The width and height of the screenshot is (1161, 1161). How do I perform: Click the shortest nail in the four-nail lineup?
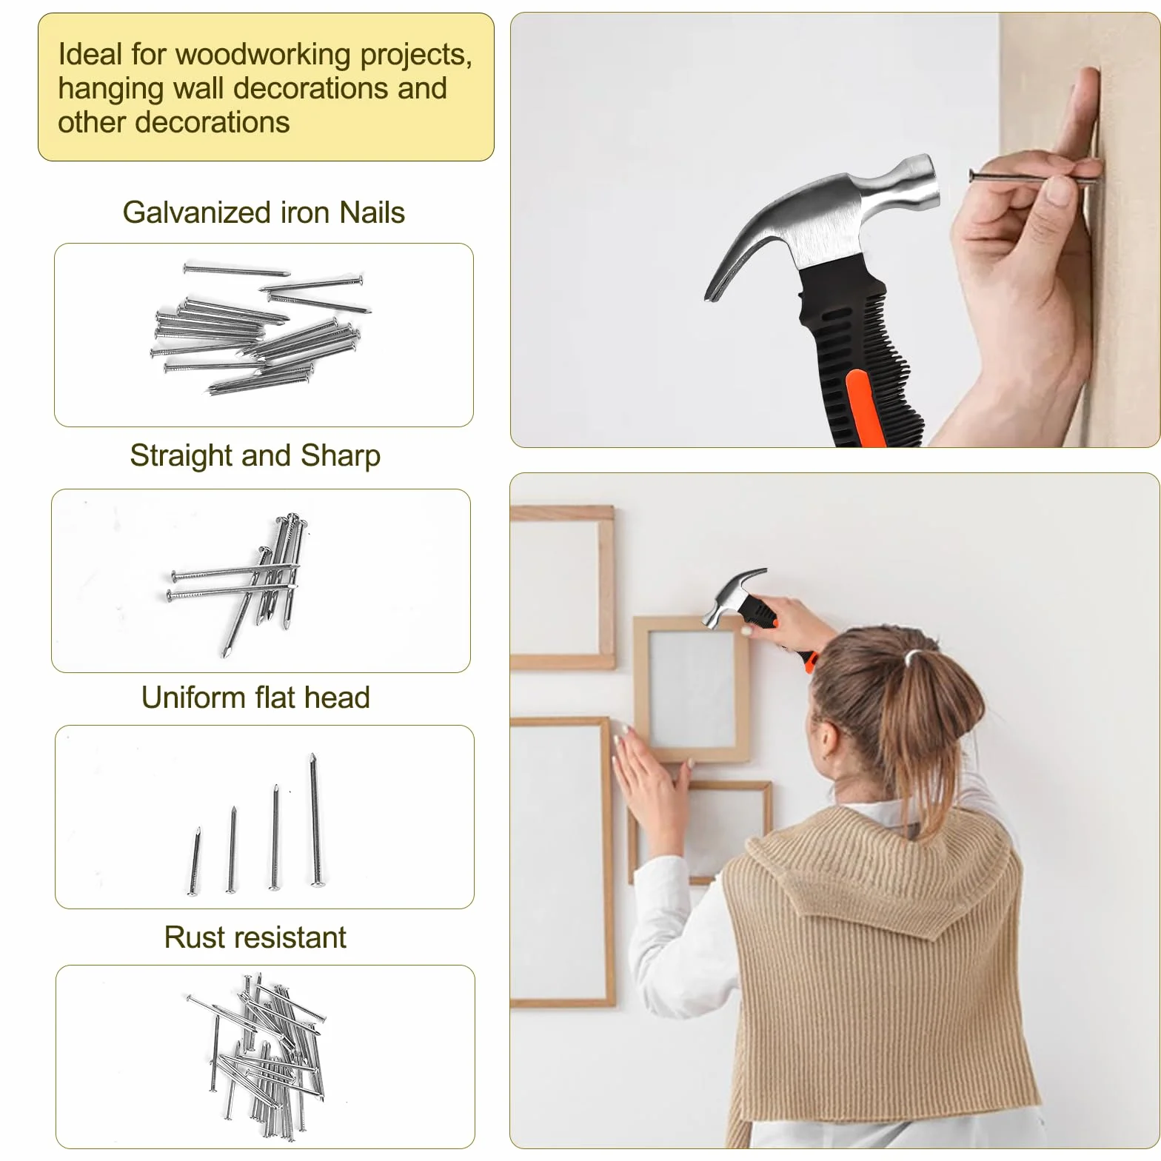[195, 862]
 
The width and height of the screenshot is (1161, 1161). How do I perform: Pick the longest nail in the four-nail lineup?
[315, 820]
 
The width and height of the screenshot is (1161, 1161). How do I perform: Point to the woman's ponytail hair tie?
[914, 655]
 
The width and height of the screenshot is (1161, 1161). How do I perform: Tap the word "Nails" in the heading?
[372, 213]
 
